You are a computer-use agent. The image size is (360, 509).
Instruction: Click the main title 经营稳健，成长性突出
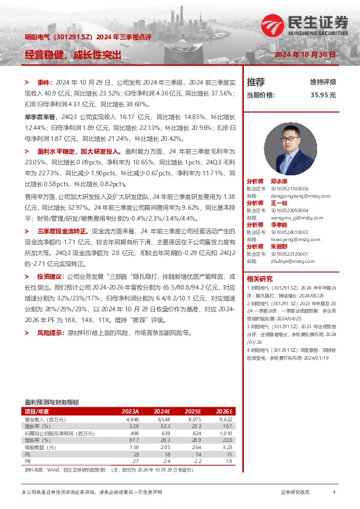[x=73, y=54]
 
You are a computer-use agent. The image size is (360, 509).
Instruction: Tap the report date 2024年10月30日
[x=304, y=54]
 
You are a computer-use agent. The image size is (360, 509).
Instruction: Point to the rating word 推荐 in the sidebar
[x=256, y=82]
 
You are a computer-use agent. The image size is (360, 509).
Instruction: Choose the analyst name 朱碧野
[x=279, y=247]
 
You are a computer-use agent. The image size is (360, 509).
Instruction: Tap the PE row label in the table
[x=28, y=455]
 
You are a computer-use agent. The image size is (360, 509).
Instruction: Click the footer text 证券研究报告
[x=295, y=493]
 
